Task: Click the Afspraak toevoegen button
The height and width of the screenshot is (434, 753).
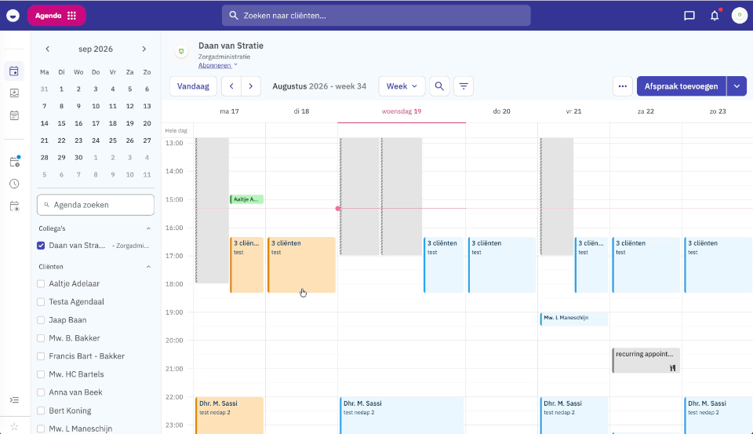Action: pos(681,86)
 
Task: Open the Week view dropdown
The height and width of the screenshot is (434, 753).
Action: pos(402,86)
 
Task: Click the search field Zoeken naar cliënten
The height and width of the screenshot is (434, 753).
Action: pos(376,16)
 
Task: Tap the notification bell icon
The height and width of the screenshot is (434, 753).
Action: pos(715,16)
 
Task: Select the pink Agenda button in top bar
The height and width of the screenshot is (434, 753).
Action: pos(56,16)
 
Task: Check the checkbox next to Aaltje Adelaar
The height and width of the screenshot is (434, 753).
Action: pos(41,284)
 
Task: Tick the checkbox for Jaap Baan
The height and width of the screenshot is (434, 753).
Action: pos(41,320)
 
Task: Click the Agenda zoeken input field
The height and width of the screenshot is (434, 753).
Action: pos(96,205)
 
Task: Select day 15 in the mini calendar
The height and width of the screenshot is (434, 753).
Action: pos(61,123)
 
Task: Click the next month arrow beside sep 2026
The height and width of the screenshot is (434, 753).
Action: pos(144,49)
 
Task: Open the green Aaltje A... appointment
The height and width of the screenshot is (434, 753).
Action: pos(247,199)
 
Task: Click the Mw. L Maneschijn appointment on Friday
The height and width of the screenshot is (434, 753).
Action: pos(574,318)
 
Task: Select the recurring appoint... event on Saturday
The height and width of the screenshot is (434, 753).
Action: pos(646,360)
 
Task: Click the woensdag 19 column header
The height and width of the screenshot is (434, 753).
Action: pos(402,111)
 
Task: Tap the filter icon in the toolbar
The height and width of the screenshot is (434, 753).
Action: pos(464,86)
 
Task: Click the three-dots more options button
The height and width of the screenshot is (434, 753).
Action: pos(622,86)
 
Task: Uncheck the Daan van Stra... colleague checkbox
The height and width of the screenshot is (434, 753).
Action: pos(41,246)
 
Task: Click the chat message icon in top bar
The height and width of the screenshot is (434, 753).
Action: pos(689,16)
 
